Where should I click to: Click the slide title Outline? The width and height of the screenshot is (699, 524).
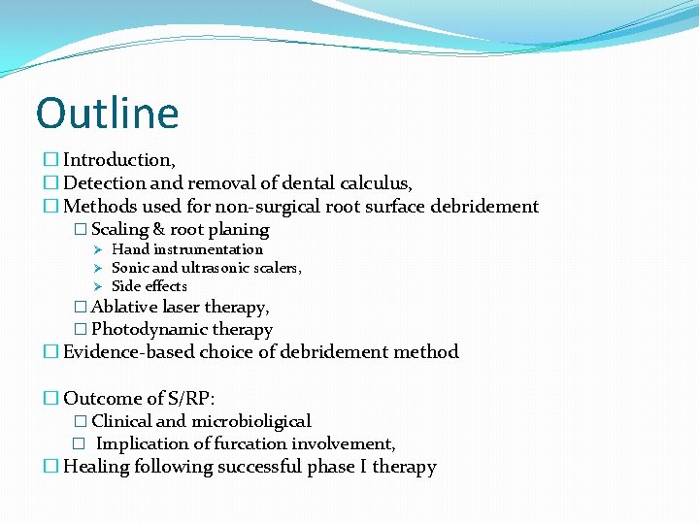(x=107, y=113)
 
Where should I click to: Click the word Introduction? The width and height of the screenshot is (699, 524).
(x=117, y=159)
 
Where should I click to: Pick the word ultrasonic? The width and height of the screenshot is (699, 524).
(x=233, y=268)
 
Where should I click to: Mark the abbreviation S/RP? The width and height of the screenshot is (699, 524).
(x=194, y=398)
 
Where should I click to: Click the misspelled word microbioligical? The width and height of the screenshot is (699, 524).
(x=250, y=421)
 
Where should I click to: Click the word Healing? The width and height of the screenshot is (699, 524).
(x=95, y=467)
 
